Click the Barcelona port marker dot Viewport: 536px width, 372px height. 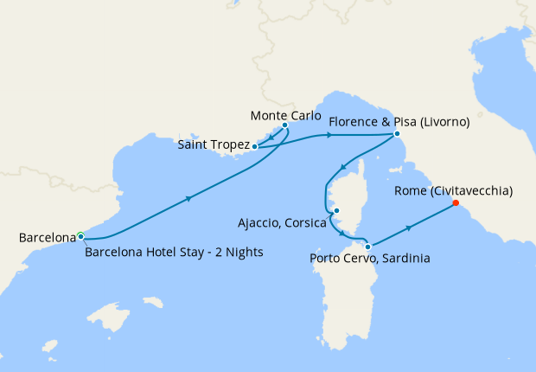(80, 235)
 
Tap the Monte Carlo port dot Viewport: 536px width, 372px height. (284, 125)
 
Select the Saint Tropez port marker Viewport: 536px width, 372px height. (254, 147)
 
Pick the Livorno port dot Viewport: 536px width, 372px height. (396, 134)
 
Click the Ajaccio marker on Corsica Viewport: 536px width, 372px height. (337, 210)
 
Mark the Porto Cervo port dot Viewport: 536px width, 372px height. (368, 245)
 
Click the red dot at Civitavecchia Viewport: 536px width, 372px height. (456, 205)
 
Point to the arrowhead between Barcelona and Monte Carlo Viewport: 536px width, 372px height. (188, 198)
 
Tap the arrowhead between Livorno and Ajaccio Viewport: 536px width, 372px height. (343, 168)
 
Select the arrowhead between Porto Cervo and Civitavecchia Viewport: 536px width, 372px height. (408, 227)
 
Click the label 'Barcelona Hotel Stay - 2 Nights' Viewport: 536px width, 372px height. (174, 253)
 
